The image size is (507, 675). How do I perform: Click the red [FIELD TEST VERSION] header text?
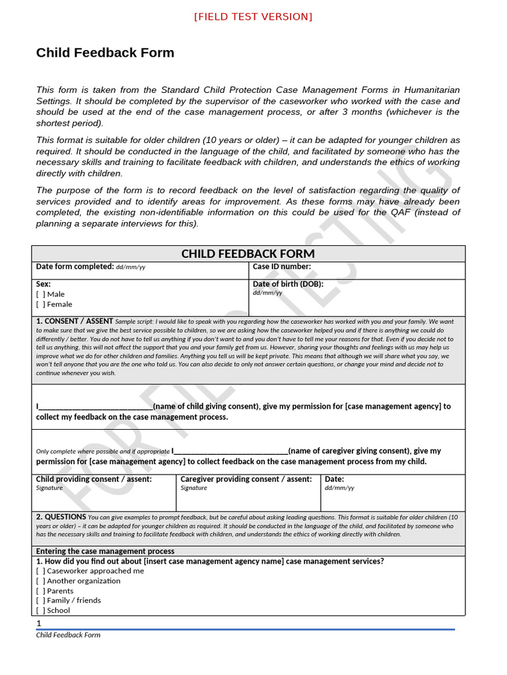tap(253, 16)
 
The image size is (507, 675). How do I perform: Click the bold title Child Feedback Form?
tap(105, 53)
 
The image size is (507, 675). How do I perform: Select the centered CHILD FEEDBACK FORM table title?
tap(248, 254)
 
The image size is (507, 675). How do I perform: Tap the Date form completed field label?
tap(75, 267)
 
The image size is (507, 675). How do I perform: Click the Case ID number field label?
tap(282, 267)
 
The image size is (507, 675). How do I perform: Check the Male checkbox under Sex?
tap(41, 295)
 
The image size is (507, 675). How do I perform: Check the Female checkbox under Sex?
tap(41, 305)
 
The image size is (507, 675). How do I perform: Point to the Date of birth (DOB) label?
tap(288, 284)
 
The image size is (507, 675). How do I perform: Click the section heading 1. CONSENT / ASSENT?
tap(75, 321)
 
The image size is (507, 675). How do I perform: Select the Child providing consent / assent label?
tap(94, 479)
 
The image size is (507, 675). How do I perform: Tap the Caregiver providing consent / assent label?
tap(246, 479)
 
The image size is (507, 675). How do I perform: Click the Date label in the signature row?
tap(334, 479)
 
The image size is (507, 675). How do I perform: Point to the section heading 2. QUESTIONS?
tap(61, 517)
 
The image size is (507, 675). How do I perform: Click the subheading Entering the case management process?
tap(105, 551)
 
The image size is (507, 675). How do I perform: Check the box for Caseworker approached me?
tap(41, 572)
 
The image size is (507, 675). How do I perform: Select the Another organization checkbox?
tap(41, 581)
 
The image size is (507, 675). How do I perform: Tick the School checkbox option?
tap(41, 610)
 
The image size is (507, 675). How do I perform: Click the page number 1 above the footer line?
tap(39, 623)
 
